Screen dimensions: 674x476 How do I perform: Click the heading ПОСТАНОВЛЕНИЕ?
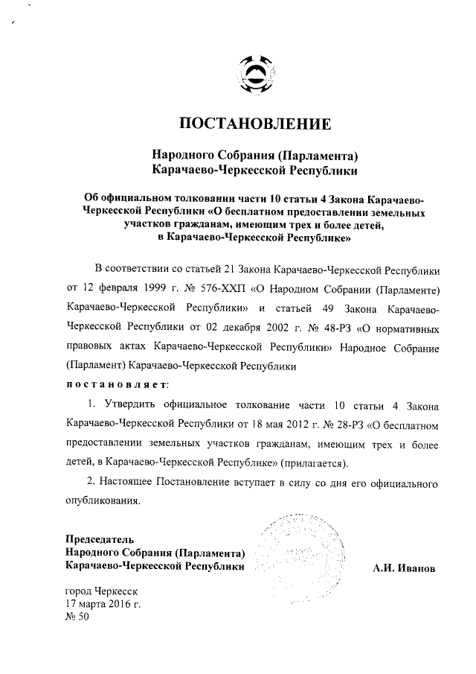(x=254, y=122)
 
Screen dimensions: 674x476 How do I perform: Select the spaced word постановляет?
(x=117, y=384)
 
